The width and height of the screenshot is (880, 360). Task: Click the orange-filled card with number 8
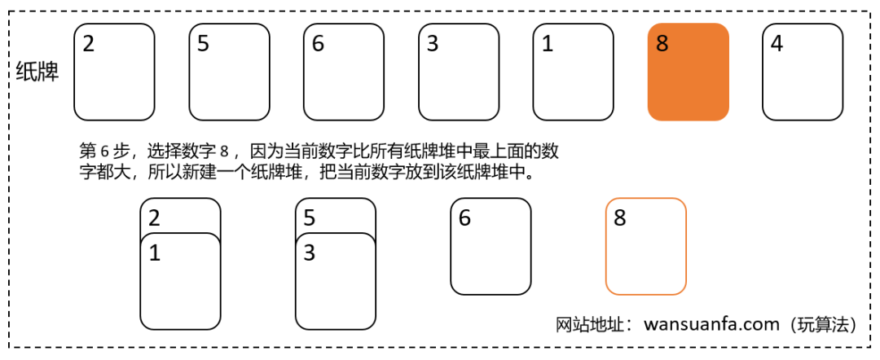tap(688, 72)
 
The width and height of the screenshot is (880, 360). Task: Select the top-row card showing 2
tap(114, 72)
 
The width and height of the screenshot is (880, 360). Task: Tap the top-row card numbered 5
tap(229, 72)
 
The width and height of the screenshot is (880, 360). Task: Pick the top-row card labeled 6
tap(344, 72)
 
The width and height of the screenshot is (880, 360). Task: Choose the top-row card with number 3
tap(459, 72)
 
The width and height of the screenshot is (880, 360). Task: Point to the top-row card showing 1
tap(573, 72)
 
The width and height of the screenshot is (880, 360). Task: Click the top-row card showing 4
tap(803, 72)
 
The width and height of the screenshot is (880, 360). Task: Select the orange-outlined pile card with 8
tap(645, 246)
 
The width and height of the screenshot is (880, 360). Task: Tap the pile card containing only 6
tap(491, 246)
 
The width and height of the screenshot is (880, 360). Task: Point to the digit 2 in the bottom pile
tap(155, 217)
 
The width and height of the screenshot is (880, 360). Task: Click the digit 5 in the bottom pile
tap(310, 217)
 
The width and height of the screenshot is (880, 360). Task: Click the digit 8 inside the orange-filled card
tap(662, 43)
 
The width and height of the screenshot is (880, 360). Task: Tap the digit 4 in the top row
tap(777, 43)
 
